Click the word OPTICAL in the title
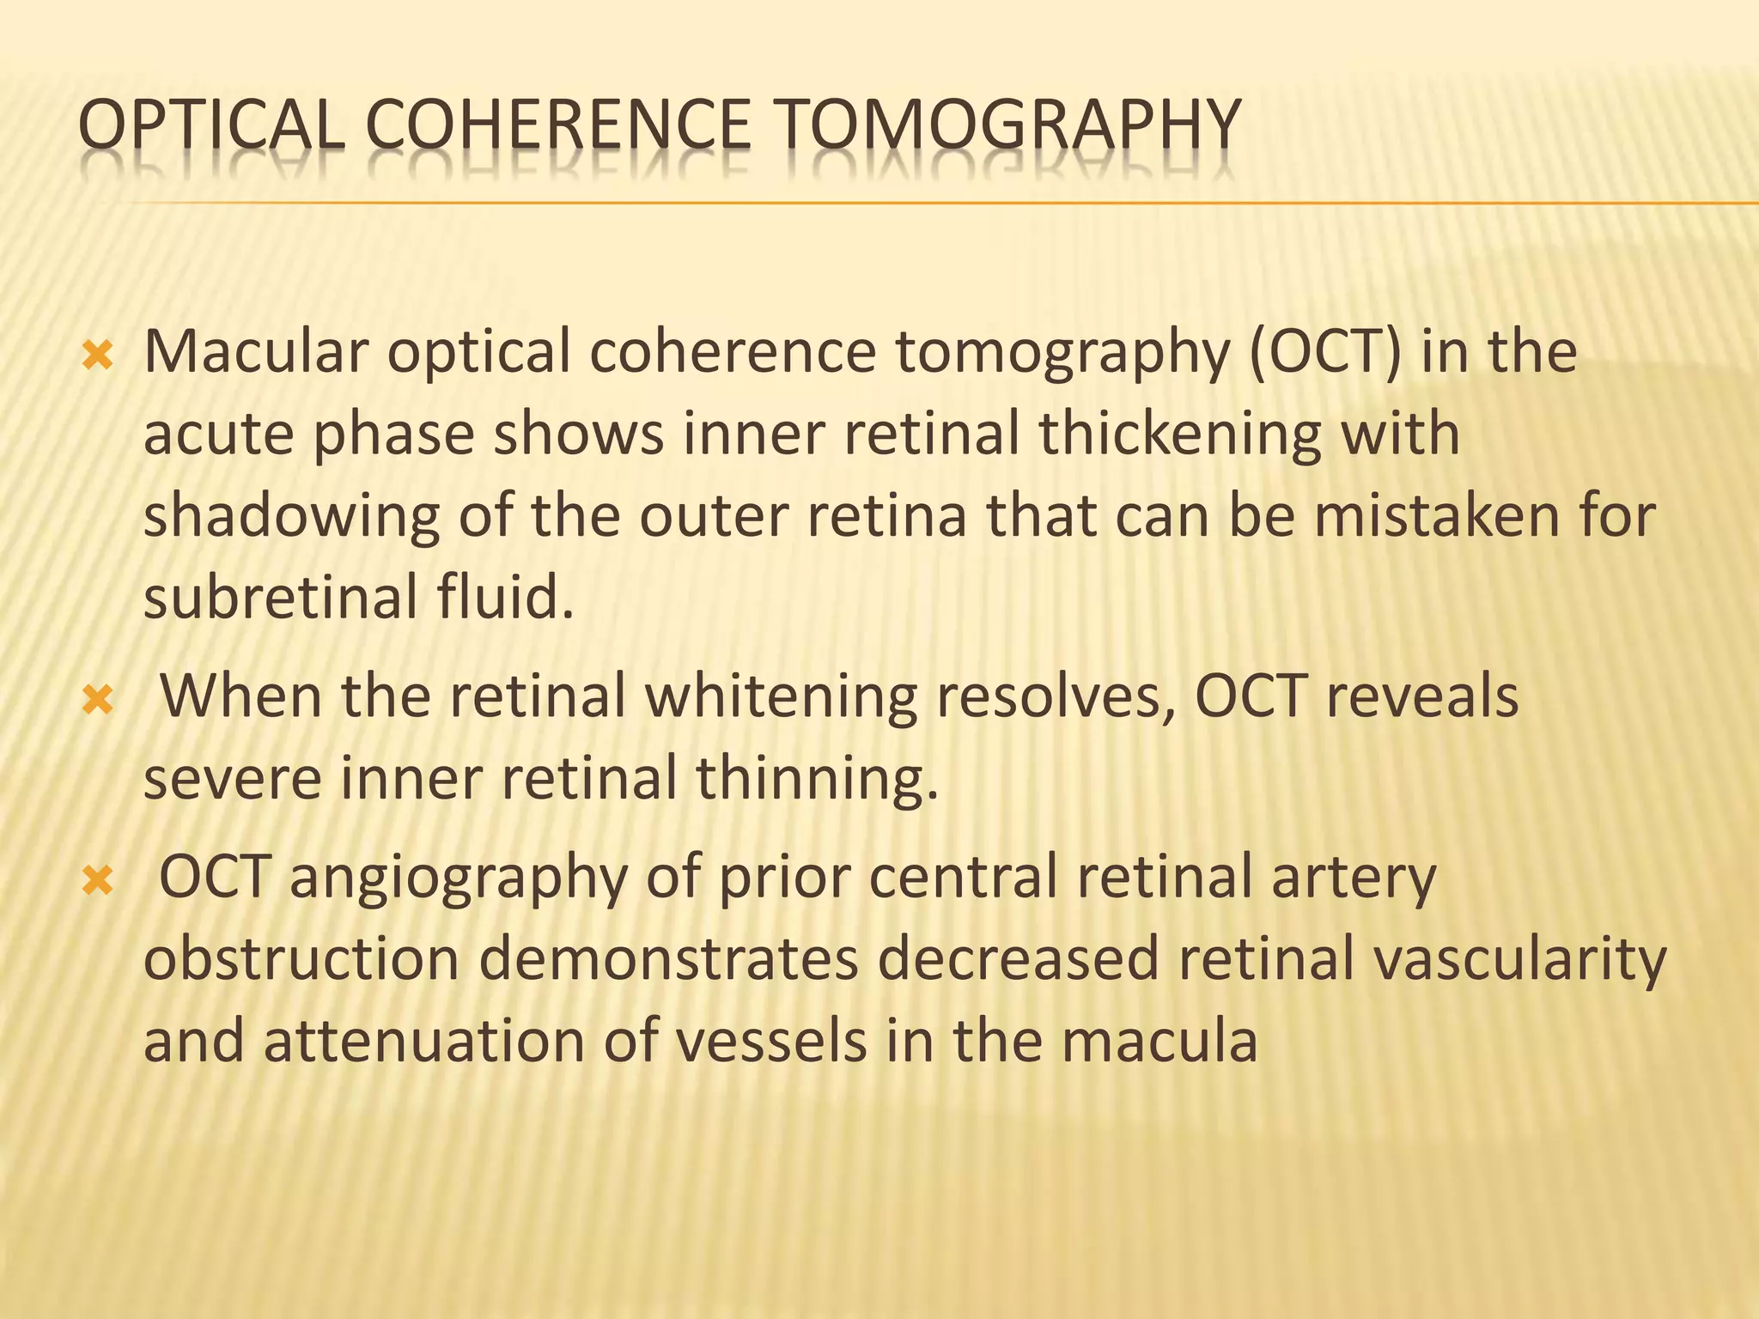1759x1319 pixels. point(210,126)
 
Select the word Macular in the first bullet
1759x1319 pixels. point(256,351)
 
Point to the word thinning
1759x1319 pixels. point(816,778)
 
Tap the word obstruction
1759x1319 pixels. point(301,959)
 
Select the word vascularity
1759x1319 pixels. point(1519,959)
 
